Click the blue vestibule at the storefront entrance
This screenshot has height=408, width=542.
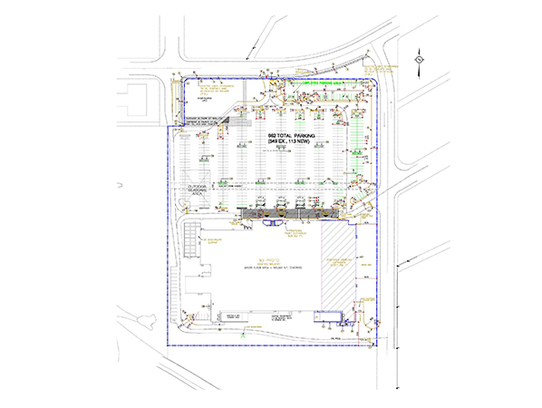(272, 219)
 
